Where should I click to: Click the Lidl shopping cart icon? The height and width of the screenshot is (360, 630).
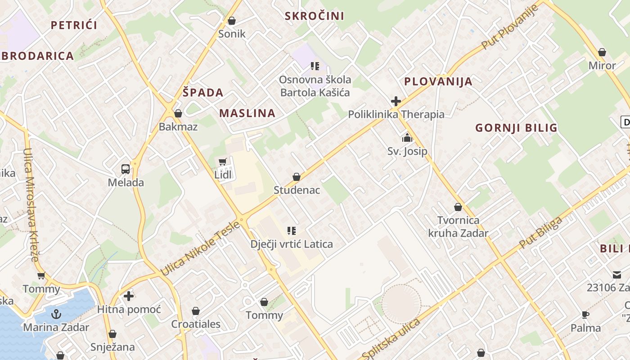pos(222,162)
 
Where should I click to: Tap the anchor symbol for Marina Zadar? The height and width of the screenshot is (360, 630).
pos(56,314)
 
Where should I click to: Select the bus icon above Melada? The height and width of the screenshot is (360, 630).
pos(126,169)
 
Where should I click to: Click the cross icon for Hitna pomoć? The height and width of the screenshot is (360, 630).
pos(129,296)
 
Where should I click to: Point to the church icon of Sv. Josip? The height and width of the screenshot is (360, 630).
pos(407,138)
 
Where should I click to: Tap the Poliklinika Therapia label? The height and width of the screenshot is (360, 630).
pos(396,114)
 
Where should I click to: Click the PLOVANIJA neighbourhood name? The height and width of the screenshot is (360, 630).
pos(438,81)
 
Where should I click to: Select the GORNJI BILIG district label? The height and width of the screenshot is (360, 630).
pos(516,128)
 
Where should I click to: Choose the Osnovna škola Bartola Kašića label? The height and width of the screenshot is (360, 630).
pos(315,86)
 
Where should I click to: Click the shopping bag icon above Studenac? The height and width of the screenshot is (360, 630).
pos(297,177)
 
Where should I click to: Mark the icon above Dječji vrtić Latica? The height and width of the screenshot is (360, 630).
pos(292,231)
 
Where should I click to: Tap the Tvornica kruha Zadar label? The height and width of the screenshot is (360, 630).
pos(458,226)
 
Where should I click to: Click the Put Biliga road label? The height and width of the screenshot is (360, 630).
pos(541,233)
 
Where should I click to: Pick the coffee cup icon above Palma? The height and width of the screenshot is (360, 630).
pos(585,315)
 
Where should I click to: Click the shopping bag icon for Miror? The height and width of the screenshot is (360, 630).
pos(602,52)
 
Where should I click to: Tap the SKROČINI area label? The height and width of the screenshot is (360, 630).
pos(315,16)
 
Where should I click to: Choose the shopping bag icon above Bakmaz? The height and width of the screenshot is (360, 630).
pos(178,113)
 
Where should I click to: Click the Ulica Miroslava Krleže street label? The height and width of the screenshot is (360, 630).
pos(30,205)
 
